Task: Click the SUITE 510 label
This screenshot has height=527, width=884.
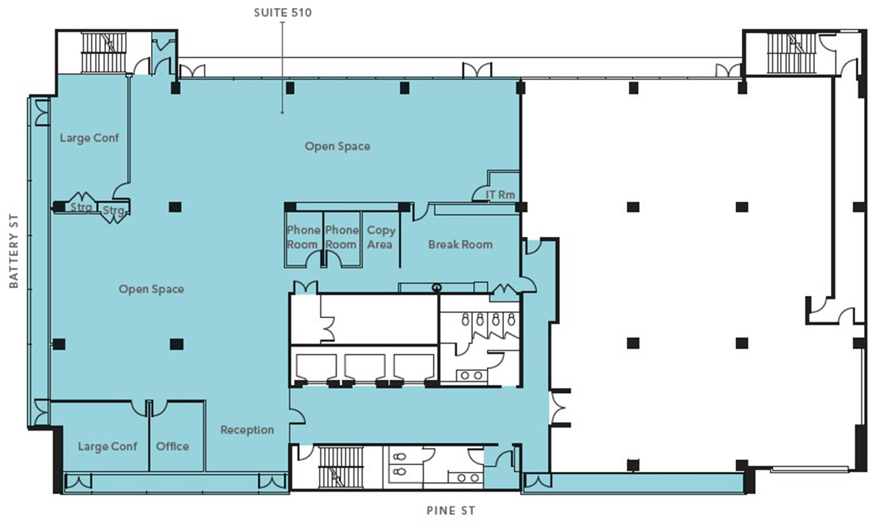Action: point(283,13)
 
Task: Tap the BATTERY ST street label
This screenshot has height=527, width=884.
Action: point(14,251)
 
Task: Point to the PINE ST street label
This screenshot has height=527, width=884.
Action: point(451,511)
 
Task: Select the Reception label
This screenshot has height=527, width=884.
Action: point(247,430)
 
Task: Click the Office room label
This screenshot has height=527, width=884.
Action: point(172,446)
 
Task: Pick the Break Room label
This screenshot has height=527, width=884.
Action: point(460,244)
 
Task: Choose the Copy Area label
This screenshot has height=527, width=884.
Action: point(380,237)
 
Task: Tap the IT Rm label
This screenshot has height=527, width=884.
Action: point(500,195)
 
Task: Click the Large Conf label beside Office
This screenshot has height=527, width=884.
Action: point(108,446)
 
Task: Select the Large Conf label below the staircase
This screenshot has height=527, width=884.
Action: point(89,138)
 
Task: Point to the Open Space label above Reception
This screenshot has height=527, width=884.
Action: point(151,289)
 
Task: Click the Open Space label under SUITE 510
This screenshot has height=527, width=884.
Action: point(337,146)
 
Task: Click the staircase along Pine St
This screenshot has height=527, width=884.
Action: point(340,467)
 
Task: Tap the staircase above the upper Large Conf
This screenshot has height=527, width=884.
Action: point(104,53)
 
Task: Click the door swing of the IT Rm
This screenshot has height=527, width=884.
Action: point(479,193)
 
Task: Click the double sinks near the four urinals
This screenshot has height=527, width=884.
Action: point(471,375)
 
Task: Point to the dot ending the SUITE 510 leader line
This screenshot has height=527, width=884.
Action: point(282,113)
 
